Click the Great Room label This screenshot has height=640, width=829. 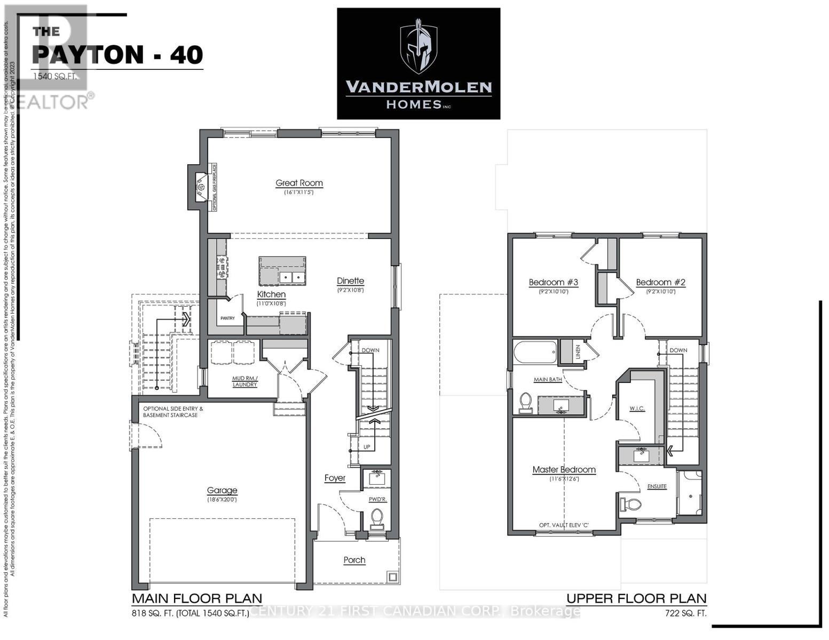tap(299, 183)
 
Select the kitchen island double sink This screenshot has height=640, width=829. tap(291, 277)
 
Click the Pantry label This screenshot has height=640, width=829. tap(227, 318)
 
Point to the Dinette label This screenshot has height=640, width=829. tap(350, 281)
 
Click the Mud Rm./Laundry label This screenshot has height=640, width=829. tap(244, 381)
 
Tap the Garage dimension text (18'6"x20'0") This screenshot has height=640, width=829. tap(222, 500)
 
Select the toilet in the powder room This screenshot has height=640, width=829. tap(377, 518)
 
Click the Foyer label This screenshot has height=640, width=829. tap(335, 478)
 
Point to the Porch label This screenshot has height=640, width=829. tap(354, 560)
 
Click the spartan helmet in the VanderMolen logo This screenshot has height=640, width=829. tap(419, 46)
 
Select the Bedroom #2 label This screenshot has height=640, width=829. tap(660, 282)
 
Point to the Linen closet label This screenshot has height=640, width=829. tap(578, 352)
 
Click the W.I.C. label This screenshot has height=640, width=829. tap(637, 409)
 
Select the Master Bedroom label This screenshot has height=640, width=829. tap(564, 470)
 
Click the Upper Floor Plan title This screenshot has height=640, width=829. tap(636, 598)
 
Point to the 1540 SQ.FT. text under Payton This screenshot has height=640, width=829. tap(59, 76)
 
